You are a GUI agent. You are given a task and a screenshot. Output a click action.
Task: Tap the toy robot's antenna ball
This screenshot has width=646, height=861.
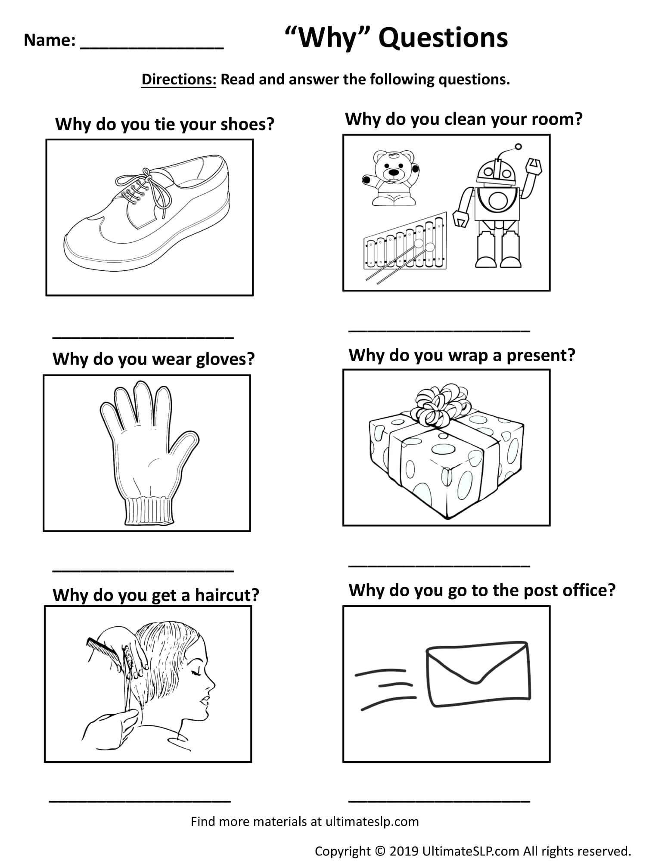[x=518, y=147]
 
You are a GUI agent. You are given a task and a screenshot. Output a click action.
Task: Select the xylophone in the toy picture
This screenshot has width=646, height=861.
[x=405, y=245]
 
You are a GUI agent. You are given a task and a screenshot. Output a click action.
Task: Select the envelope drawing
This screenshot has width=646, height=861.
[x=477, y=674]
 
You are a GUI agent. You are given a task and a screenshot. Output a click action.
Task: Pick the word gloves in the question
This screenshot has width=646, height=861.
[x=225, y=359]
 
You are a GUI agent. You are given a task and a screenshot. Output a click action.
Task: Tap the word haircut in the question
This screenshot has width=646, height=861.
[x=227, y=595]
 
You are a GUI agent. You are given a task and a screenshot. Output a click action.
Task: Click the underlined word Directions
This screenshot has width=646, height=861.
[x=179, y=79]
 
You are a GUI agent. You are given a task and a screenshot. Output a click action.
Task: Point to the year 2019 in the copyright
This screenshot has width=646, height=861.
[x=404, y=851]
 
